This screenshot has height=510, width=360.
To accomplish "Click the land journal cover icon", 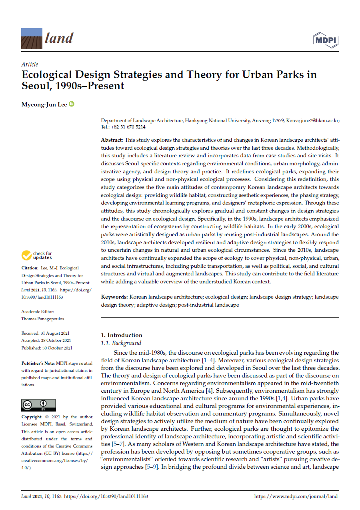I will (x=32, y=38).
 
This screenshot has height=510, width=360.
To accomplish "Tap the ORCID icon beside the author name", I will (x=72, y=104).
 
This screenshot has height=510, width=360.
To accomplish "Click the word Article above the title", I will (x=30, y=64).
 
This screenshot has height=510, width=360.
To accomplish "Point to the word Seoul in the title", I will (x=37, y=86).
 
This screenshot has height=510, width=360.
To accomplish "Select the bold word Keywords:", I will (x=114, y=297).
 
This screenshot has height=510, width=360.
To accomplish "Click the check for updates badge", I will (x=37, y=255).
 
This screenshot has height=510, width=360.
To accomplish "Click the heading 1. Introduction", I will (x=121, y=335).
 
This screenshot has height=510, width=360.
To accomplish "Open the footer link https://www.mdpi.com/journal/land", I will (x=296, y=496).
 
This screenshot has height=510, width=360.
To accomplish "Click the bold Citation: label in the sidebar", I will (x=30, y=268).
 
